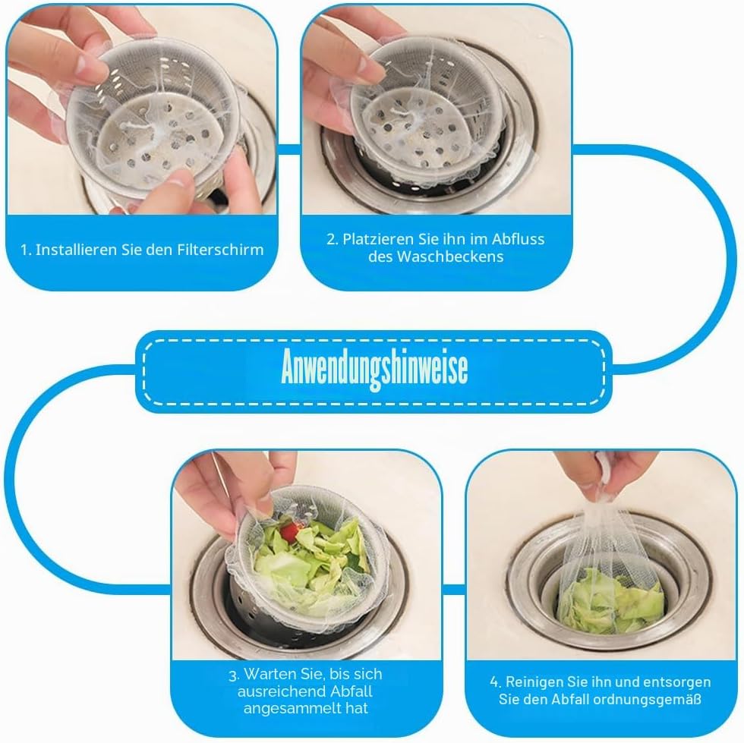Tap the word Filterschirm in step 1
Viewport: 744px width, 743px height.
[220, 250]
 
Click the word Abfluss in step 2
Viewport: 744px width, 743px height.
[518, 238]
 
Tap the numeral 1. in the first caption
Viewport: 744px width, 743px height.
[26, 250]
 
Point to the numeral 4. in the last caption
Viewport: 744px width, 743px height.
[495, 682]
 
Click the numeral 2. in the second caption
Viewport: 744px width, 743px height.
[333, 239]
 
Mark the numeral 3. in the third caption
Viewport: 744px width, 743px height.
[234, 675]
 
